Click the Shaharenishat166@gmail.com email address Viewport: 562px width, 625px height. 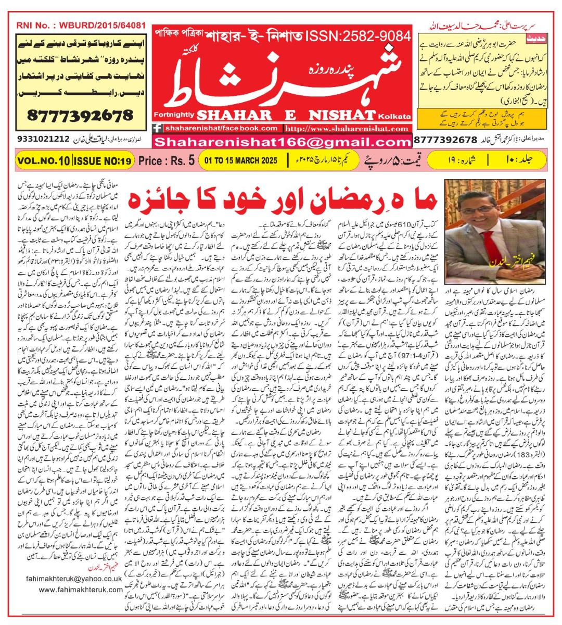pyautogui.click(x=283, y=142)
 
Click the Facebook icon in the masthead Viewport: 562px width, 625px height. pyautogui.click(x=158, y=129)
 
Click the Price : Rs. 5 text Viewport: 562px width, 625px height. pyautogui.click(x=167, y=160)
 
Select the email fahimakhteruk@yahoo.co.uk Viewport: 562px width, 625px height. pyautogui.click(x=73, y=578)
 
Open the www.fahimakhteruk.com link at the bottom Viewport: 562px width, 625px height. pyautogui.click(x=80, y=590)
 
